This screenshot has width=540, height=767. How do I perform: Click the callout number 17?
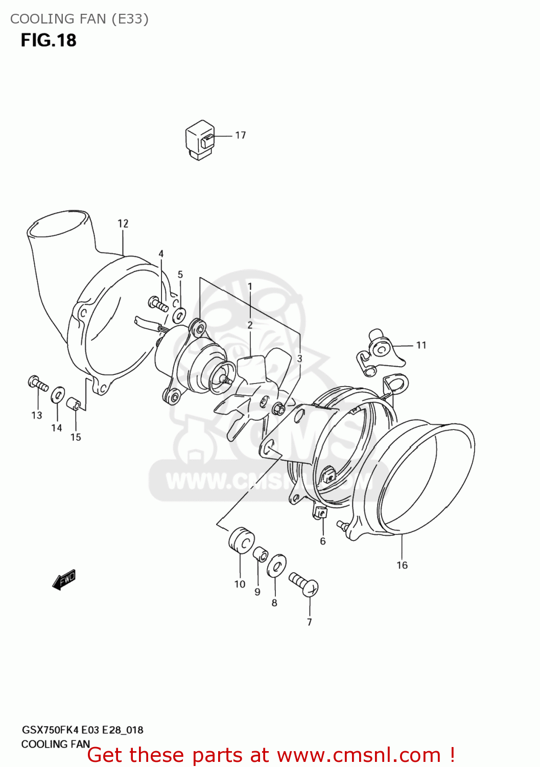240,135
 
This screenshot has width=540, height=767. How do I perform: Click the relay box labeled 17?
199,140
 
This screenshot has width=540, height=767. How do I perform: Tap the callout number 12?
123,223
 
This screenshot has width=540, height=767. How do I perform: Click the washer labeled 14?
58,394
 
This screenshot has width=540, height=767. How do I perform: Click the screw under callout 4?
158,304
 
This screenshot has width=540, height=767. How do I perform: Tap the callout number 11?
421,345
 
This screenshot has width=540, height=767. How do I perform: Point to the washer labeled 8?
276,566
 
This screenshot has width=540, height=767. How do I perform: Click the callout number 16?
402,565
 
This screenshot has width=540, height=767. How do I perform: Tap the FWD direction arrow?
64,580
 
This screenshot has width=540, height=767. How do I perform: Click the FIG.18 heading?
49,40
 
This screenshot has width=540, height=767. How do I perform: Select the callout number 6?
323,541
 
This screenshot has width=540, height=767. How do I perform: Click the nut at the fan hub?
279,409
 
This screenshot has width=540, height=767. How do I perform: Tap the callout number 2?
250,325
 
